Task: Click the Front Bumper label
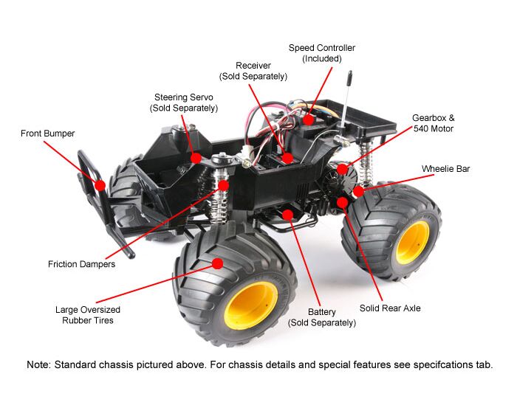(x=47, y=134)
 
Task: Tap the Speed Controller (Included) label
(x=322, y=53)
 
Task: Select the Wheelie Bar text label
(x=445, y=169)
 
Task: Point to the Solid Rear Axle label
(x=390, y=308)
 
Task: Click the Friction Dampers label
(x=81, y=264)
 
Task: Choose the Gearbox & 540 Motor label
(x=434, y=123)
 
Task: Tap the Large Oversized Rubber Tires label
(x=88, y=315)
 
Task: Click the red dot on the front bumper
(x=100, y=185)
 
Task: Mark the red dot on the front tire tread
(x=217, y=263)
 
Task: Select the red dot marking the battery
(x=288, y=215)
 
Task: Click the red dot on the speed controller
(x=308, y=120)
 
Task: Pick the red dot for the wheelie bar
(x=358, y=191)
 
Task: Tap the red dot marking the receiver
(x=287, y=158)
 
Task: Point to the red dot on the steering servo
(x=196, y=158)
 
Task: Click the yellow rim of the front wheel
(x=251, y=305)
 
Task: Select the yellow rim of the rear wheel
(x=412, y=243)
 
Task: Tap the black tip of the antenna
(x=349, y=77)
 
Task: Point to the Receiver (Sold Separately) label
(x=253, y=71)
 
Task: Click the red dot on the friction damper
(x=223, y=185)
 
